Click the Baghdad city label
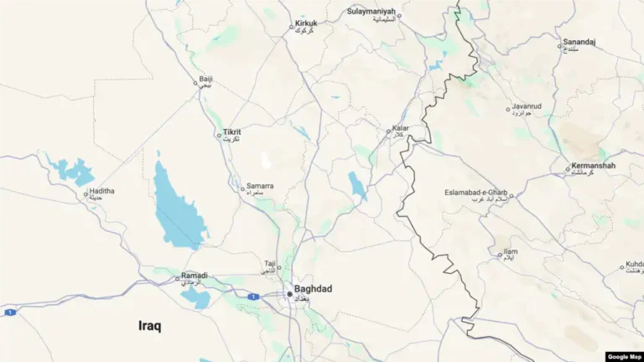[x=313, y=289]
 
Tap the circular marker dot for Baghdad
[x=290, y=294]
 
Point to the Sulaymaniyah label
[x=371, y=12]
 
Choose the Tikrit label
[x=232, y=132]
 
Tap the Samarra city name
[x=259, y=186]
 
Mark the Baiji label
[x=205, y=80]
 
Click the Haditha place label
[x=101, y=191]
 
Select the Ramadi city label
[x=194, y=276]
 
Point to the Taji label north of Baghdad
[x=270, y=263]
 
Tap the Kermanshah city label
[x=593, y=166]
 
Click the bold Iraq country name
[x=150, y=326]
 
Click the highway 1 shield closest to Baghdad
[x=252, y=296]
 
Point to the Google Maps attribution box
[x=623, y=356]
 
